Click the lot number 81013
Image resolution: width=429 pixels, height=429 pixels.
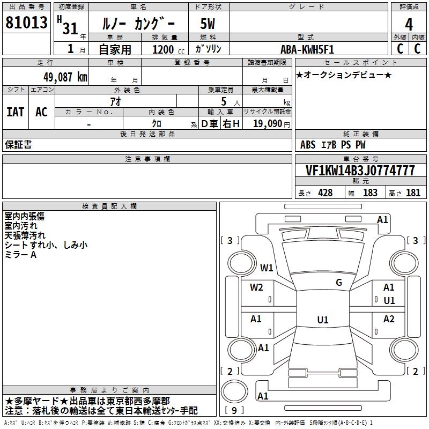click(x=27, y=23)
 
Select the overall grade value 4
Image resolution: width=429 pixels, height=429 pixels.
click(x=409, y=24)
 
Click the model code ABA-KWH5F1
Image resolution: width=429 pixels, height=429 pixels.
click(x=307, y=49)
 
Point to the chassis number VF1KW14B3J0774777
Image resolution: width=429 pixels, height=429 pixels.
click(x=360, y=171)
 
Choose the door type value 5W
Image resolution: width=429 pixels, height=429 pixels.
click(x=209, y=24)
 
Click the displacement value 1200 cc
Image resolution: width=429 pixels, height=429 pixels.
click(x=167, y=49)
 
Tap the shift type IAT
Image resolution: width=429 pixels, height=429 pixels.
click(x=16, y=112)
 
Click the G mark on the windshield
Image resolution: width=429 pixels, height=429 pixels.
click(x=338, y=283)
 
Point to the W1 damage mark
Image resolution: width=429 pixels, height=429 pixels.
click(x=267, y=268)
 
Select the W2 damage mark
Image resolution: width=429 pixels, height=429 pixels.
click(x=256, y=287)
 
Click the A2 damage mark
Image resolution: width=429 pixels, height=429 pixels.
click(x=389, y=319)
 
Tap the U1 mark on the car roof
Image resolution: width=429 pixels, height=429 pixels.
click(x=322, y=320)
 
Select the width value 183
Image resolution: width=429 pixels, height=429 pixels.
click(x=370, y=193)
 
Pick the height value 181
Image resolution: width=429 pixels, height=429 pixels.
click(x=413, y=193)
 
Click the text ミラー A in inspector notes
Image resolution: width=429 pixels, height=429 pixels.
click(x=21, y=255)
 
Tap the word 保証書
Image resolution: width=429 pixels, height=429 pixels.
click(x=18, y=145)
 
